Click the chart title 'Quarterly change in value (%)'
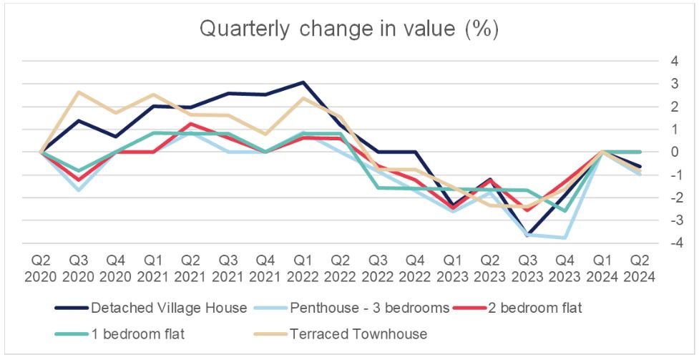point(349,29)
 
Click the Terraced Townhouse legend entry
point(351,333)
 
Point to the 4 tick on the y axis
point(674,61)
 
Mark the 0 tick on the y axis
point(674,152)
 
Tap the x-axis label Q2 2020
point(40,266)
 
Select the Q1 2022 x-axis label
point(303,266)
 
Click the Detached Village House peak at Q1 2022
point(303,82)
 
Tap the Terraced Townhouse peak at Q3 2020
point(78,92)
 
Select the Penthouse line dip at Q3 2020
point(78,190)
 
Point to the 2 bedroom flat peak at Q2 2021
point(190,124)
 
